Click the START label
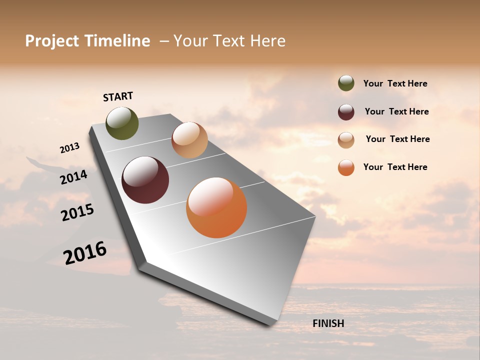pyautogui.click(x=118, y=96)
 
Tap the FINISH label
pyautogui.click(x=328, y=323)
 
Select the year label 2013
pyautogui.click(x=69, y=148)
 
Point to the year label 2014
pyautogui.click(x=73, y=177)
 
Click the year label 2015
pyautogui.click(x=77, y=212)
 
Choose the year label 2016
pyautogui.click(x=85, y=253)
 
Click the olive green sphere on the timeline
pyautogui.click(x=122, y=123)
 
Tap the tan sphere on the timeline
pyautogui.click(x=189, y=140)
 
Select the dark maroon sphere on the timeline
pyautogui.click(x=145, y=180)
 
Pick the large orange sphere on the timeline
pyautogui.click(x=216, y=207)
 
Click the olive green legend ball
pyautogui.click(x=346, y=83)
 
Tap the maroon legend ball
pyautogui.click(x=346, y=112)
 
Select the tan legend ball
pyautogui.click(x=346, y=140)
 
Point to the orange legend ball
pyautogui.click(x=346, y=168)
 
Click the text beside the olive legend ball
pyautogui.click(x=395, y=83)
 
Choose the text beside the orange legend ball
pyautogui.click(x=395, y=167)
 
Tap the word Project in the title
pyautogui.click(x=52, y=41)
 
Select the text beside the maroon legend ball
pyautogui.click(x=396, y=111)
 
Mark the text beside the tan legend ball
pyautogui.click(x=397, y=139)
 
